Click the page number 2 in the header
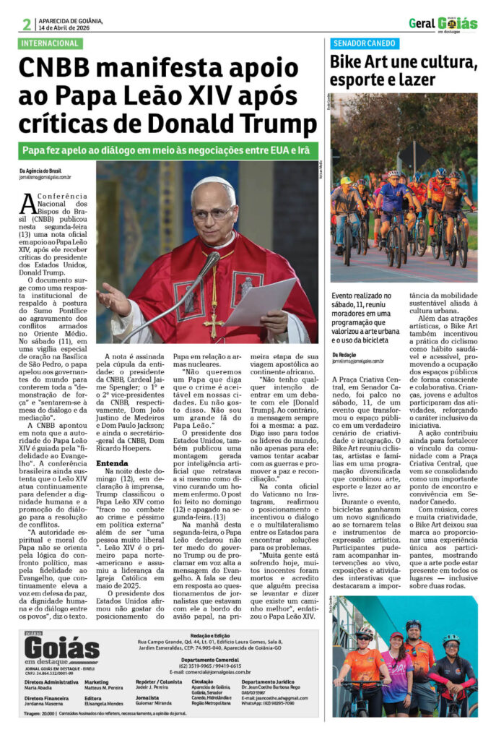pyautogui.click(x=27, y=24)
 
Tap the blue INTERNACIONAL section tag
pyautogui.click(x=51, y=43)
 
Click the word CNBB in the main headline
pyautogui.click(x=57, y=70)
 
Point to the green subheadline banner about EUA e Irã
pyautogui.click(x=167, y=150)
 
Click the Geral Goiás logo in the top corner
pyautogui.click(x=443, y=24)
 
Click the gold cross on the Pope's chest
pyautogui.click(x=213, y=311)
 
